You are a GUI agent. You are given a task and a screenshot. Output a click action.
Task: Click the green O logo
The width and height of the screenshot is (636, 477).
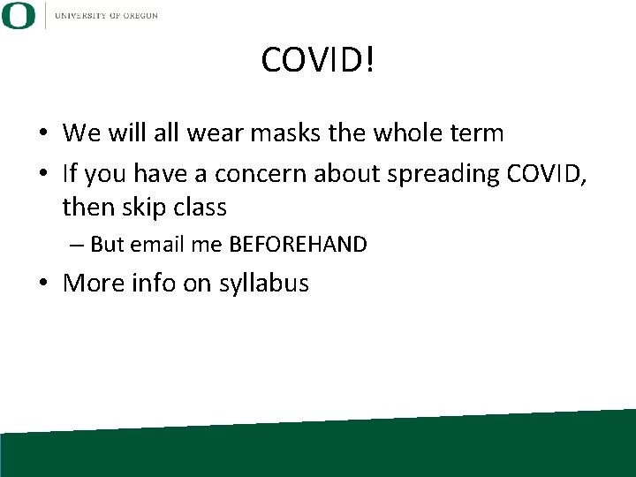tap(19, 15)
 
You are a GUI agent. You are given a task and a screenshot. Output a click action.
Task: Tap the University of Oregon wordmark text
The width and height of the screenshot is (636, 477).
tap(106, 15)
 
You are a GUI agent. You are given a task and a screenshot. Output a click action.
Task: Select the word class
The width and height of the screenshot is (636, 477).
tap(201, 208)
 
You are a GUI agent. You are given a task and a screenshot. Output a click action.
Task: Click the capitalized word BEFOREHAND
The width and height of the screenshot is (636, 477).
tap(298, 245)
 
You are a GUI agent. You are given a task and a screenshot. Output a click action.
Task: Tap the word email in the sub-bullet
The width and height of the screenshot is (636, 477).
tap(158, 245)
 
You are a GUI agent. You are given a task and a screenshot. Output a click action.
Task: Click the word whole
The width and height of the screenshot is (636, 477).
tap(403, 134)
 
